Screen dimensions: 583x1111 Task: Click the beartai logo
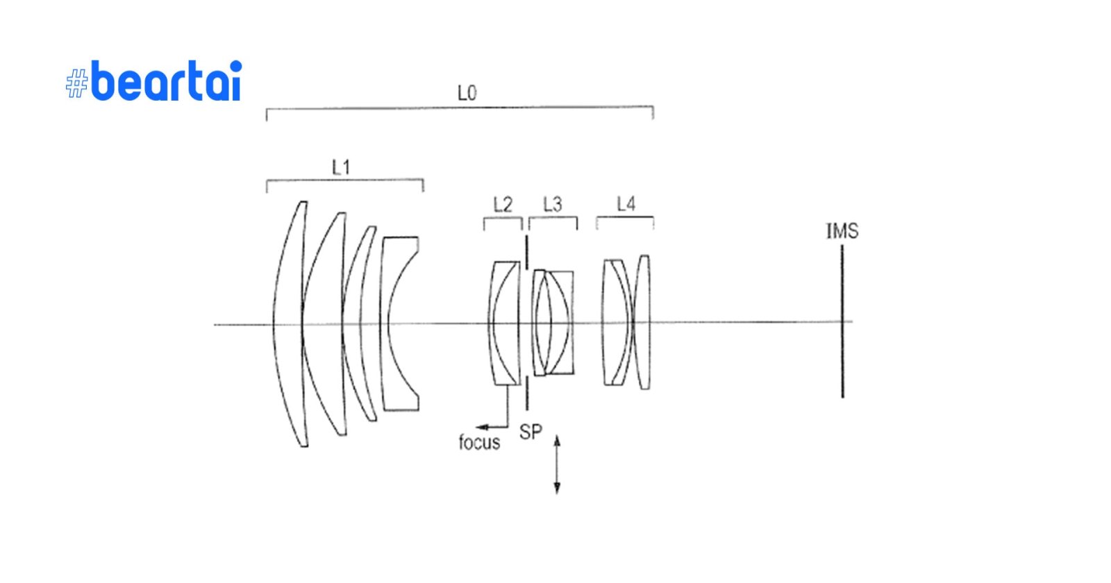[154, 81]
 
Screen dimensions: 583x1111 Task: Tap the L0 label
[467, 93]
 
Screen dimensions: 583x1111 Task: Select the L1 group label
[341, 167]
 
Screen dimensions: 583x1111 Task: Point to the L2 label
[503, 205]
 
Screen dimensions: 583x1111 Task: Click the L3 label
[553, 205]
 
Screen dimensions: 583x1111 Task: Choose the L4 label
[626, 204]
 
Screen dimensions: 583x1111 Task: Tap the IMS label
[842, 231]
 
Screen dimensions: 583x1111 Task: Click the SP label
[531, 432]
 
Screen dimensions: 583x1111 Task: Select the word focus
[479, 442]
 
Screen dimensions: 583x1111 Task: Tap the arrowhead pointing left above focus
[480, 427]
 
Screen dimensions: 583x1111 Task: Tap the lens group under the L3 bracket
[553, 323]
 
